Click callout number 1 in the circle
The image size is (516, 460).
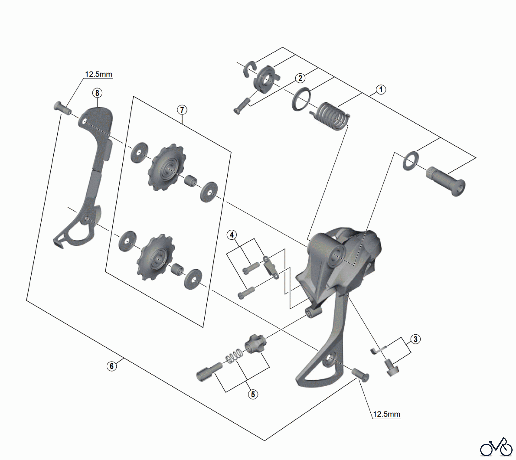[381, 90]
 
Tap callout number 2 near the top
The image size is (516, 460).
[300, 78]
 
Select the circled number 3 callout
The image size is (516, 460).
[415, 339]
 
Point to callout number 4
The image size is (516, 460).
[232, 235]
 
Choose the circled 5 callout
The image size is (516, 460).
[253, 394]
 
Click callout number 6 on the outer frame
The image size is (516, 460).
[112, 366]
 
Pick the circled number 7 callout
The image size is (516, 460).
[182, 110]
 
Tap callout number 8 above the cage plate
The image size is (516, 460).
[97, 93]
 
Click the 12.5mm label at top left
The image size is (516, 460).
[98, 74]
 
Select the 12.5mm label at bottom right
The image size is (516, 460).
[386, 414]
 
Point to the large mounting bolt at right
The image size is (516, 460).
[446, 181]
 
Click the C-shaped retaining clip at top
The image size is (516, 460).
[249, 69]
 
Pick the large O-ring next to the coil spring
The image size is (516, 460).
[301, 99]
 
